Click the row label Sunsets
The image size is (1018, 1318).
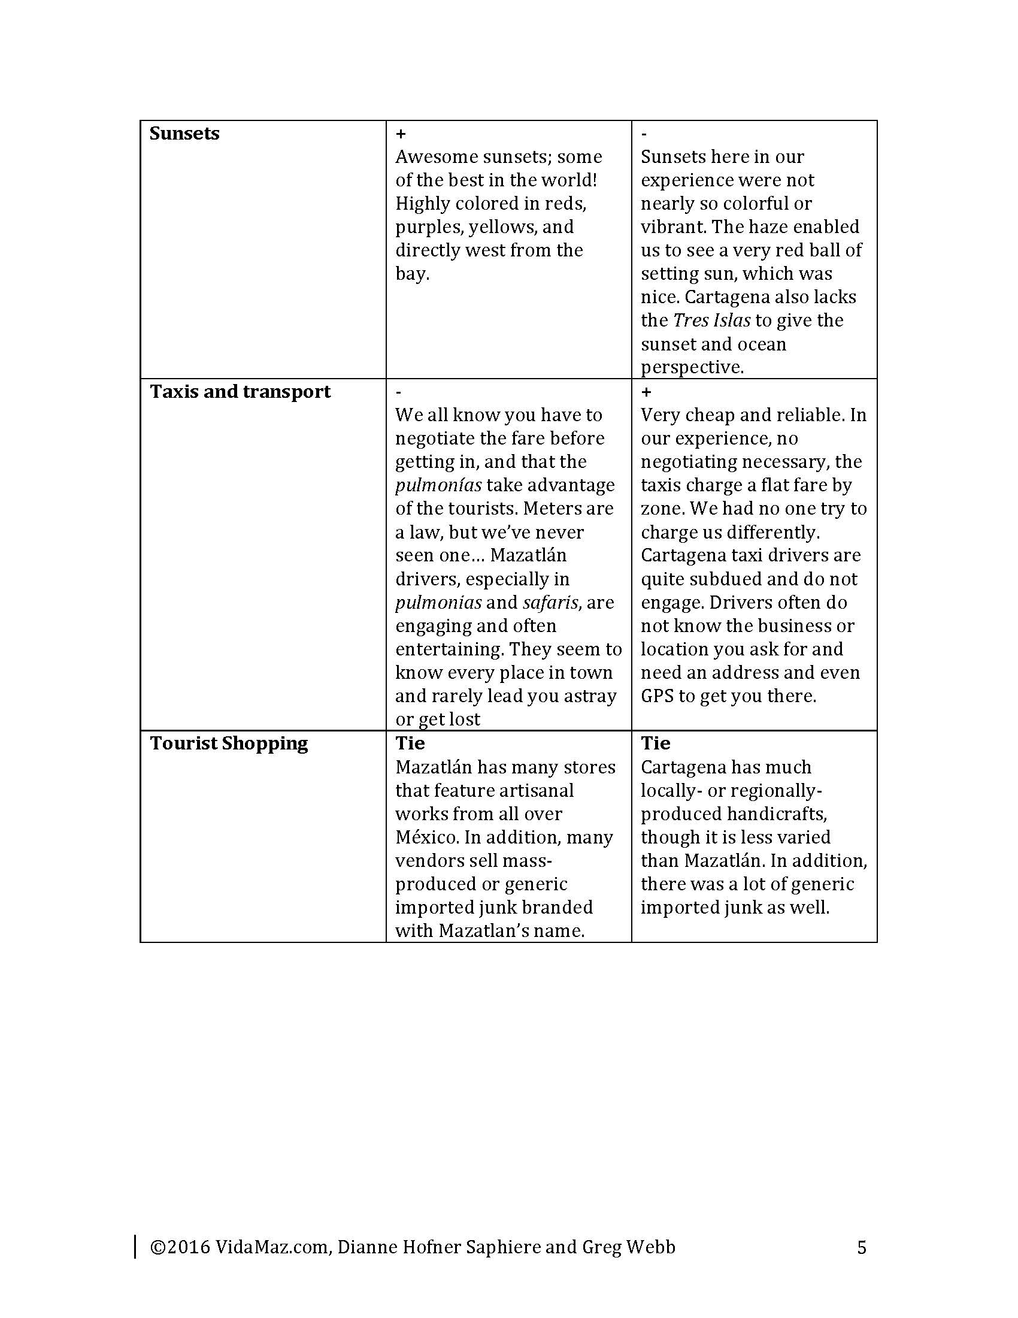tap(184, 134)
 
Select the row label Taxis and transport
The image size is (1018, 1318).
tap(240, 392)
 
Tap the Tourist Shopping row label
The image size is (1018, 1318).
tap(229, 743)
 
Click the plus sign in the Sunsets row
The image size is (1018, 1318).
tap(401, 134)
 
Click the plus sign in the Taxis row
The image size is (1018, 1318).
tap(647, 392)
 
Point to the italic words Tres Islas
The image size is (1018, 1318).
tap(711, 321)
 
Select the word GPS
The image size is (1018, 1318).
tap(657, 696)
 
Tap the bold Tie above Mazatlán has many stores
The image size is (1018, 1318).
tap(410, 743)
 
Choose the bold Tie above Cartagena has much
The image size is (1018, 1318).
tap(656, 743)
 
